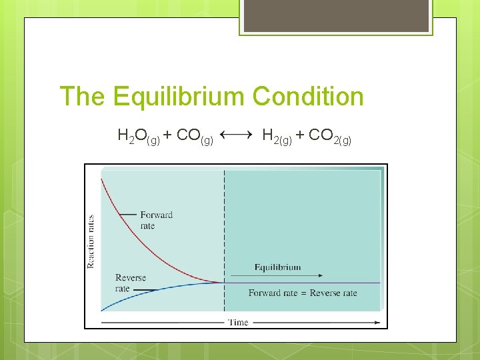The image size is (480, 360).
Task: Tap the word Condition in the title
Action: (x=308, y=97)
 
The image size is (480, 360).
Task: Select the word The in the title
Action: (x=82, y=97)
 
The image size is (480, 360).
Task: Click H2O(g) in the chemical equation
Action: (x=138, y=137)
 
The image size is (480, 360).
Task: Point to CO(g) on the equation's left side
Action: (x=194, y=137)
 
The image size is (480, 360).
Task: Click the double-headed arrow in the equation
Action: (x=235, y=135)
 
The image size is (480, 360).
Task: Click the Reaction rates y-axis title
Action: (x=91, y=241)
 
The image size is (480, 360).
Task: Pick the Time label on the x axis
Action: (x=238, y=323)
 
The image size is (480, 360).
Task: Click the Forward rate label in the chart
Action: (x=156, y=220)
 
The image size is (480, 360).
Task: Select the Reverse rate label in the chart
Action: (x=130, y=283)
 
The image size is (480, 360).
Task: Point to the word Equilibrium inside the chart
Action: (x=277, y=267)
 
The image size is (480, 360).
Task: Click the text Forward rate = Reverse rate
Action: (x=303, y=293)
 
